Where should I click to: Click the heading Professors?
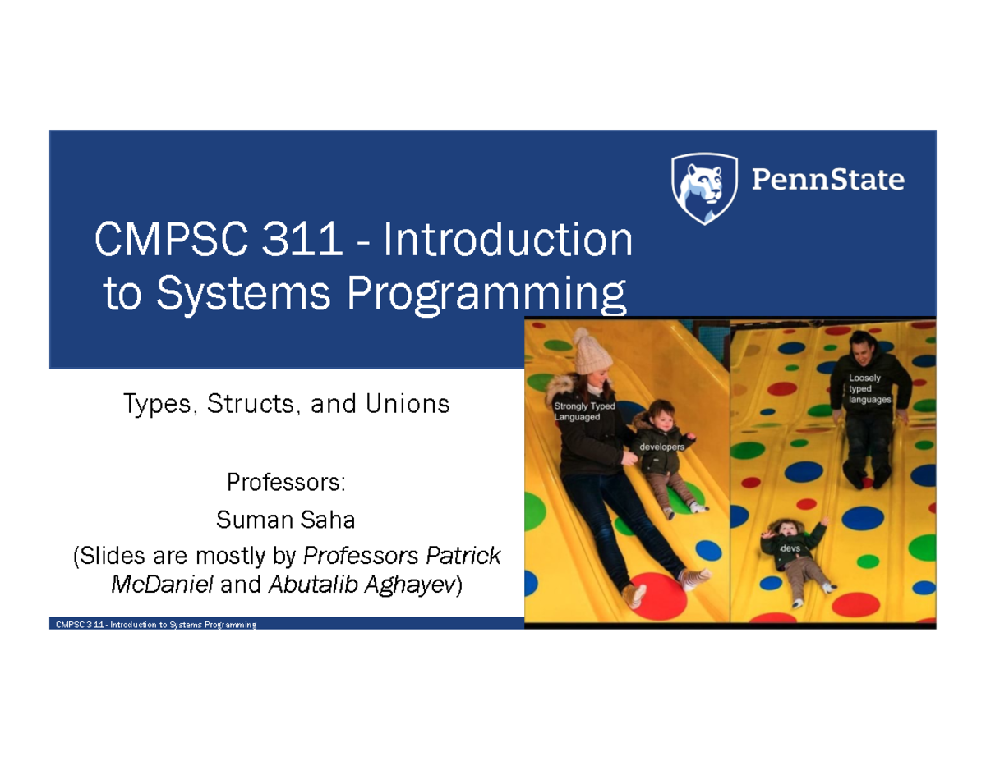[x=286, y=482]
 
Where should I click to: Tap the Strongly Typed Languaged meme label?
[x=584, y=411]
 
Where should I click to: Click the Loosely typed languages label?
[x=869, y=388]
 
